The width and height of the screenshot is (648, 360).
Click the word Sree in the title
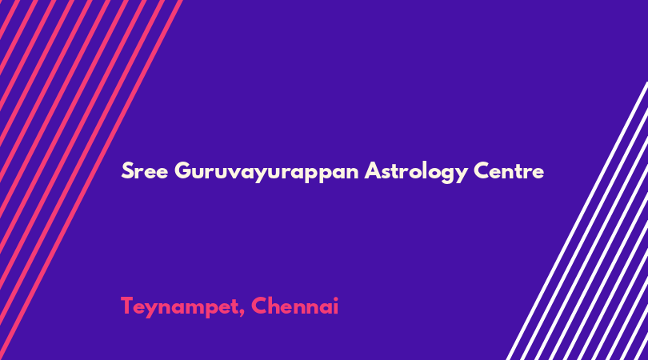pos(145,170)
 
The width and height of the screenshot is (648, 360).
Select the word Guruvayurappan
pos(266,172)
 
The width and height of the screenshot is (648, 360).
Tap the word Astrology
pos(416,172)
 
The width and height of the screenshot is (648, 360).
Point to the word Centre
pos(509,170)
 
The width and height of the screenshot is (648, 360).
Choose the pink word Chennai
pos(294,306)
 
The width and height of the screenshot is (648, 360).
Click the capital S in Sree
pos(128,170)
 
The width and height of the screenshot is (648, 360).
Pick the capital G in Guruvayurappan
pos(183,170)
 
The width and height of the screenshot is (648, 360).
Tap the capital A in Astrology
pos(373,170)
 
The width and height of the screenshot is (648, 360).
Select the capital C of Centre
pos(482,170)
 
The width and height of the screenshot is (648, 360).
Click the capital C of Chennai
pos(260,306)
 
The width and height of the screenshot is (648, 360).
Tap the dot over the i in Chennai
pos(335,299)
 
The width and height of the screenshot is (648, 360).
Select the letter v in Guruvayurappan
pos(234,173)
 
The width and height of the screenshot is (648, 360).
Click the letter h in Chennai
pos(276,306)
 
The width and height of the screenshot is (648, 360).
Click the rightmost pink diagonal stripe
pos(91,180)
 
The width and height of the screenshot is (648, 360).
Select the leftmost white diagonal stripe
pos(578,221)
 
